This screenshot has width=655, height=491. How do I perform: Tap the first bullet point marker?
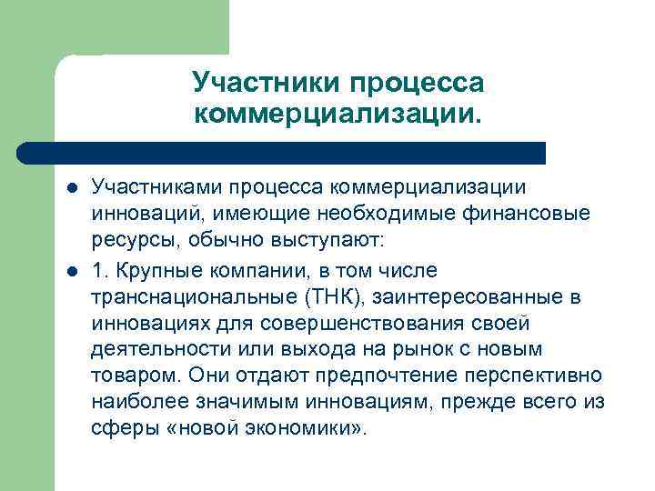[x=73, y=187]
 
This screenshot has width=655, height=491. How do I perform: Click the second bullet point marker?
[x=73, y=271]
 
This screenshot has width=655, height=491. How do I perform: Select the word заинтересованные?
[x=474, y=297]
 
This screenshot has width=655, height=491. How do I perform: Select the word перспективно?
[x=539, y=376]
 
